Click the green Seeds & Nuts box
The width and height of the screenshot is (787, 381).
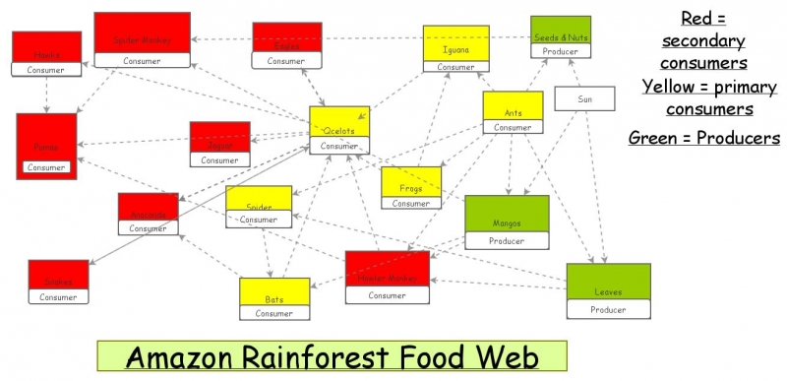coord(561,32)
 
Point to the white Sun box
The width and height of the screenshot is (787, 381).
coord(584,98)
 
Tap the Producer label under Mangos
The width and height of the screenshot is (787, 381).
coord(507,240)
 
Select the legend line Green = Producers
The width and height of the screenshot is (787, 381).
coord(704,138)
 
